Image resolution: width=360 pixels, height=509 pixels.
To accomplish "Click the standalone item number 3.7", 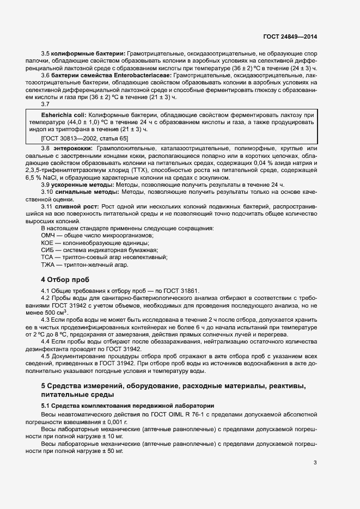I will tap(46, 104).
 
